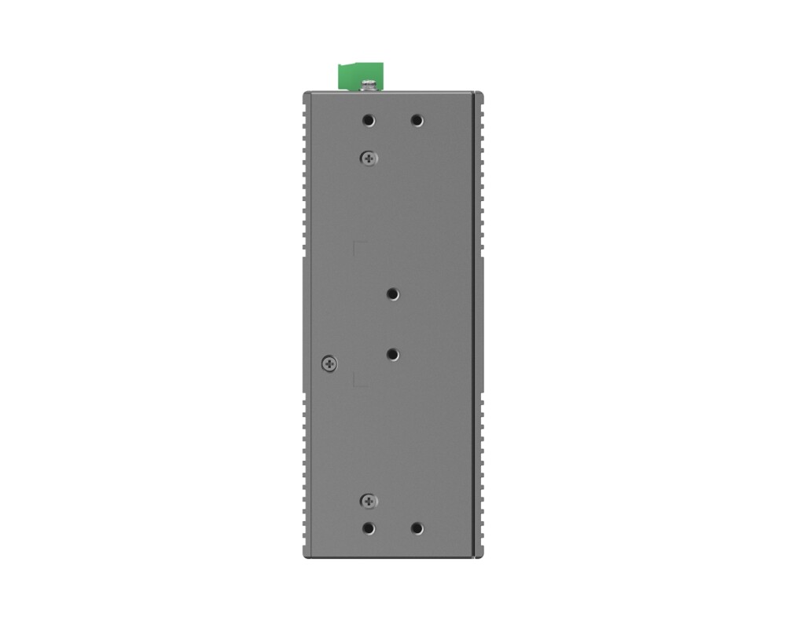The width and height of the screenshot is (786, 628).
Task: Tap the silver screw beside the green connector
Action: [367, 83]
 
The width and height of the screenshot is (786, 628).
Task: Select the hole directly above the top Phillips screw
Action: [369, 121]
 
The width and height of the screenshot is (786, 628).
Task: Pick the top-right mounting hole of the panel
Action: [417, 121]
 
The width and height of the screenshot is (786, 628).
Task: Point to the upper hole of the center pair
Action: [393, 294]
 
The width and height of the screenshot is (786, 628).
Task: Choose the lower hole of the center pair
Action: [393, 355]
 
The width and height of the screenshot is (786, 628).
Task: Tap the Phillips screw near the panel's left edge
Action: [329, 363]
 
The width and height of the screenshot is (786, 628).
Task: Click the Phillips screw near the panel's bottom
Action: [368, 500]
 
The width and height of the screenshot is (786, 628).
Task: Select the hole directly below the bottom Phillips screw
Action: [369, 528]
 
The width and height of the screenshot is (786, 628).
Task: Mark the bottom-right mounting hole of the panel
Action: [417, 528]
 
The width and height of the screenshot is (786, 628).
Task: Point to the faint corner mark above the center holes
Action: [356, 244]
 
